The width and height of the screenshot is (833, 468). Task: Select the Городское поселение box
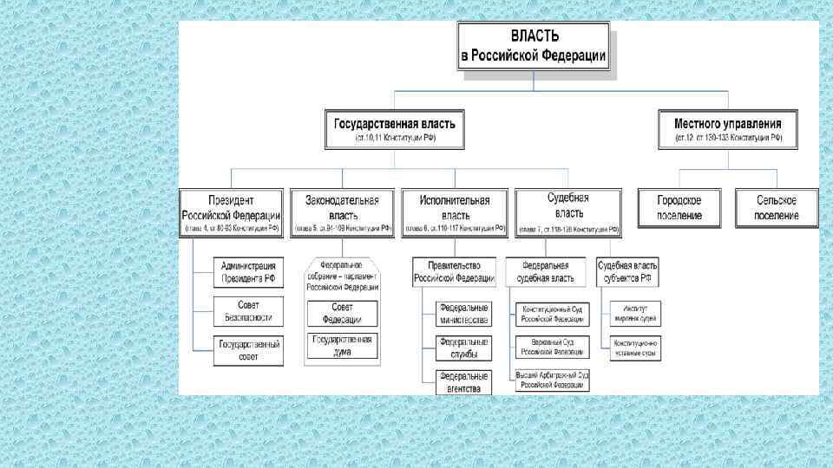tap(679, 208)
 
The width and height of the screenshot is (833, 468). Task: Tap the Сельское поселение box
tap(775, 208)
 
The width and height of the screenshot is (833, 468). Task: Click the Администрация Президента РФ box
tap(248, 272)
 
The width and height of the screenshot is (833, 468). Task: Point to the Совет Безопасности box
tap(248, 311)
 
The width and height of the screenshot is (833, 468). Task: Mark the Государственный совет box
tap(248, 351)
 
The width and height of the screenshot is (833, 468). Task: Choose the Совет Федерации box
tap(342, 313)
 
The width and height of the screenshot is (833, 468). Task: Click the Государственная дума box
tap(342, 345)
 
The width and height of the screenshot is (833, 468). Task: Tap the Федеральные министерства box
tap(463, 314)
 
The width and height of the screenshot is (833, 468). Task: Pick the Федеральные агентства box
tap(463, 382)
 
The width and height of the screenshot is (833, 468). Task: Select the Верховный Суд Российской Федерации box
tap(552, 348)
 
